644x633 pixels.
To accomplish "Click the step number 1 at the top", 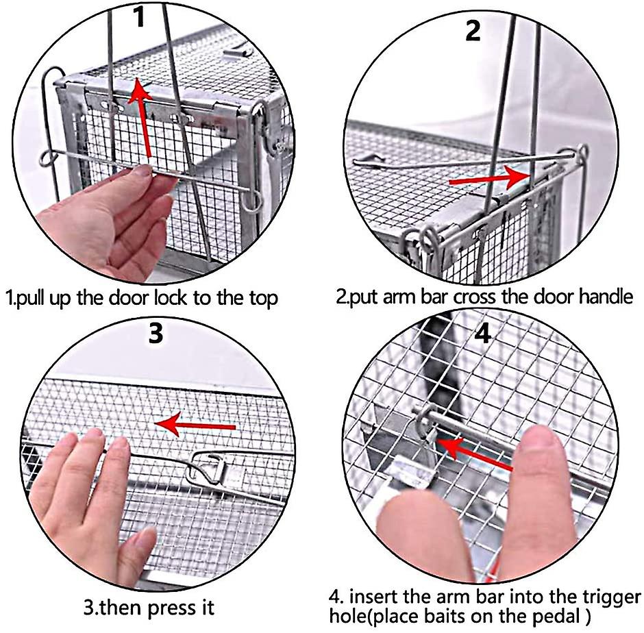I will [139, 16].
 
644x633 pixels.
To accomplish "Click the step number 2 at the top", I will [473, 30].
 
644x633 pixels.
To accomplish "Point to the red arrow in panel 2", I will [488, 177].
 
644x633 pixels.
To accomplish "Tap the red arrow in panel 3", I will [195, 426].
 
